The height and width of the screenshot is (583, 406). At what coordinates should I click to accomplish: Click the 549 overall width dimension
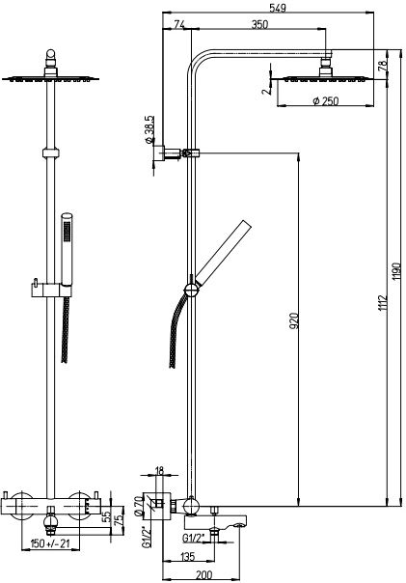[x=278, y=8]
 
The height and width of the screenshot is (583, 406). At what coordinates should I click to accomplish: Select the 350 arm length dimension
[x=259, y=24]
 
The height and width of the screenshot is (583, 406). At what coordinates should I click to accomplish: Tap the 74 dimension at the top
[x=179, y=24]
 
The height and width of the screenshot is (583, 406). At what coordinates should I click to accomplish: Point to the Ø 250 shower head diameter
[x=326, y=100]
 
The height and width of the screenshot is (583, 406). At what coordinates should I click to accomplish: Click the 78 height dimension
[x=382, y=65]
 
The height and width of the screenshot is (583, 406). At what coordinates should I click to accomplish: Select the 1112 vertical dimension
[x=382, y=303]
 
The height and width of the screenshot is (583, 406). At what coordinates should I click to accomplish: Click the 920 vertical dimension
[x=294, y=320]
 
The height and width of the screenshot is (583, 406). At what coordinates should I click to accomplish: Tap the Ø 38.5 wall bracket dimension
[x=149, y=129]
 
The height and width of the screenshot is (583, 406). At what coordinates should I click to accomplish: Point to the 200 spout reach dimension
[x=203, y=575]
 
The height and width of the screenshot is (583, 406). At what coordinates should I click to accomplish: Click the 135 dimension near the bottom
[x=188, y=557]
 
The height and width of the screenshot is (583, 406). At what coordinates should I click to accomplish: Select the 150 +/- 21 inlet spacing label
[x=51, y=543]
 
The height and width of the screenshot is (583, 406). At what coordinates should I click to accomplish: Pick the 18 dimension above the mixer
[x=159, y=471]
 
